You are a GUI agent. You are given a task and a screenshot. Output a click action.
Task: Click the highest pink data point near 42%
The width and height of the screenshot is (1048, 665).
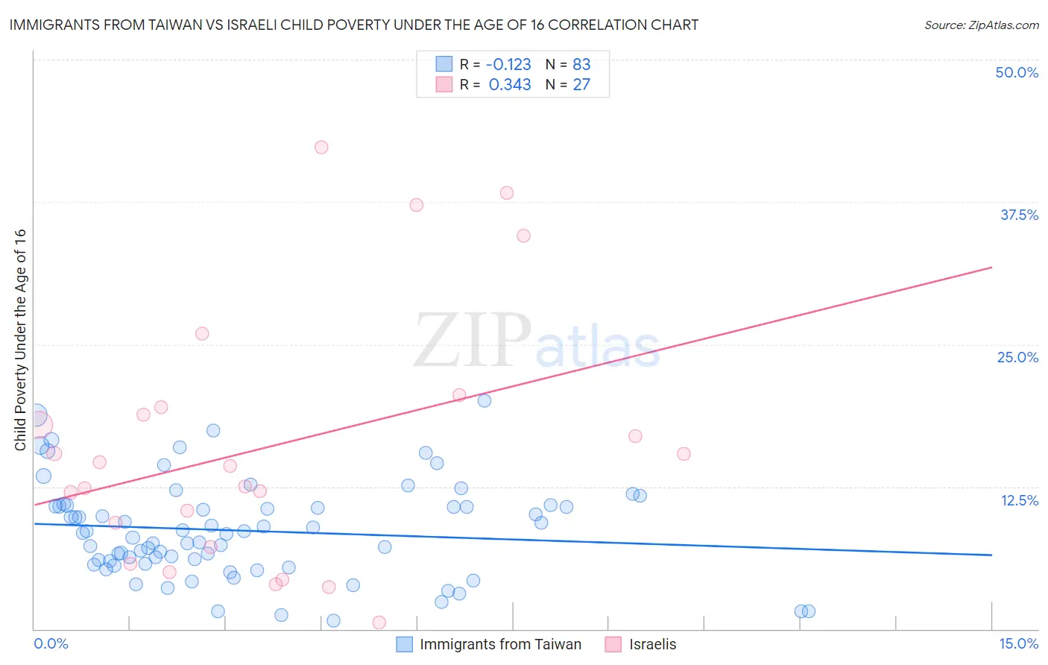click(321, 147)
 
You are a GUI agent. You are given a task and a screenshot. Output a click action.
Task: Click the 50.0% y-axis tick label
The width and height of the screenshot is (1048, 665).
click(1017, 72)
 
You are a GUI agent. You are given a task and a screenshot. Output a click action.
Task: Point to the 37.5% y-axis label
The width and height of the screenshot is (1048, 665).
click(1019, 215)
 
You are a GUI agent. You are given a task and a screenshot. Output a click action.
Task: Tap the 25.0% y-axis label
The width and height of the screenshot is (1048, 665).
click(1017, 357)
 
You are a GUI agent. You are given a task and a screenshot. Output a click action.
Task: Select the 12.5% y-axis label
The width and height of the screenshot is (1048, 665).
click(1019, 500)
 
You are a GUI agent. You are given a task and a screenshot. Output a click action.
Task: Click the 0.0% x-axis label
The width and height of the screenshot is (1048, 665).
click(51, 643)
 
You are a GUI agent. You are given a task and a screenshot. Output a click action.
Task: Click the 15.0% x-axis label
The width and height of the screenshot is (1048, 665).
click(1018, 643)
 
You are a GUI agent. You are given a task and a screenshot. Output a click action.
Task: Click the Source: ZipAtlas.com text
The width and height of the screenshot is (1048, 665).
click(981, 25)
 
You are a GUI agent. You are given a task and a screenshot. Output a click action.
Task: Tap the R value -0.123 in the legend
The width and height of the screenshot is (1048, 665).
click(510, 64)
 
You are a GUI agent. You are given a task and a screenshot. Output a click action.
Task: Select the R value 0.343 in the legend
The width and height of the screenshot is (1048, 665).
click(510, 85)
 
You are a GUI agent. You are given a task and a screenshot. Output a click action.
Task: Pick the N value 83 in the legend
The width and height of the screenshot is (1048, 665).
click(581, 64)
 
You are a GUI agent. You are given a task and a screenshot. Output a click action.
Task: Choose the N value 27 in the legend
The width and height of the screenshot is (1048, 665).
click(581, 85)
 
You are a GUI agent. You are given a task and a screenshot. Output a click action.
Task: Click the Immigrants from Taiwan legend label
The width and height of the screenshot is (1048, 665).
click(500, 644)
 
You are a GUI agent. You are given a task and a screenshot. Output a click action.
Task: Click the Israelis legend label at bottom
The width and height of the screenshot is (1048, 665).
click(652, 644)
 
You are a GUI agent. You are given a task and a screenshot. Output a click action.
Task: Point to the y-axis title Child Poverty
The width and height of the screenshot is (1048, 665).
click(20, 339)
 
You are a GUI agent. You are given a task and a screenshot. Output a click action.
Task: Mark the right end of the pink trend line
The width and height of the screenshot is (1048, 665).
click(991, 267)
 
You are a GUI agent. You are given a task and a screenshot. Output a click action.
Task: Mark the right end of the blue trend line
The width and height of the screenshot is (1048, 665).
click(991, 555)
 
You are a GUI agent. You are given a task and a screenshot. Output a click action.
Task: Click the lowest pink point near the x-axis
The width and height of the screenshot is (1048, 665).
click(379, 623)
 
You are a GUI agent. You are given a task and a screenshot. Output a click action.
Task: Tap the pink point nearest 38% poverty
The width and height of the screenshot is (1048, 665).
click(507, 193)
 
